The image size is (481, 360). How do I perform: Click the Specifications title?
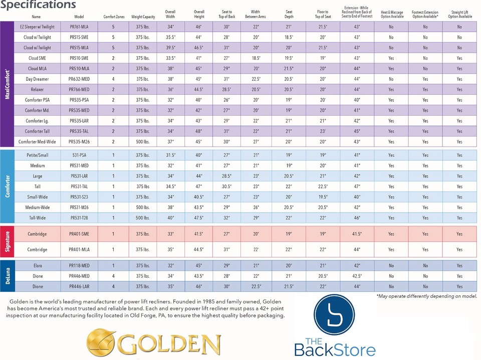[x=38, y=5]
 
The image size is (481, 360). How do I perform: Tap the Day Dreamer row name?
[x=38, y=79]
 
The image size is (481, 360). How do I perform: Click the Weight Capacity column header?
[x=143, y=17]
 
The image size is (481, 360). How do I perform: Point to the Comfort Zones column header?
[x=113, y=17]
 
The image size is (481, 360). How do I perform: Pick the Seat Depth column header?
[x=289, y=14]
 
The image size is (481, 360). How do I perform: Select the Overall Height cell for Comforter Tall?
[x=199, y=131]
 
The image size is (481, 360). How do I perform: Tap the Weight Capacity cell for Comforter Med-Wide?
[x=143, y=142]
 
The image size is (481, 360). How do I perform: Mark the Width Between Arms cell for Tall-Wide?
[x=256, y=218]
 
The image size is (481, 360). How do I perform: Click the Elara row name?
[x=38, y=266]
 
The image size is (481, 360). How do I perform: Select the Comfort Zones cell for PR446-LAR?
[x=113, y=287]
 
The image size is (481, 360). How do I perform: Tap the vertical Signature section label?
[x=8, y=242]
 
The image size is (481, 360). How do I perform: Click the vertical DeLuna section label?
[x=8, y=276]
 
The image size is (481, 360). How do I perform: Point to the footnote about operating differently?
[x=426, y=297]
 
